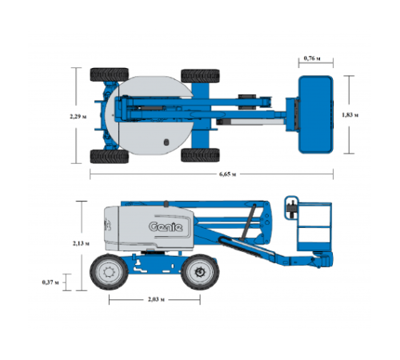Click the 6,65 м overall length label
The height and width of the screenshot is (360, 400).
227,174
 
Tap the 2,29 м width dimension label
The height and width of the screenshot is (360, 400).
78,117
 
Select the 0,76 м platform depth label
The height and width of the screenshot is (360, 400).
312,58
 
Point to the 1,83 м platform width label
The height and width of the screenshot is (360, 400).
350,115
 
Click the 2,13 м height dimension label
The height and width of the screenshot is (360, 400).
81,243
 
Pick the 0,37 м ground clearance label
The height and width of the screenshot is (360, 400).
50,282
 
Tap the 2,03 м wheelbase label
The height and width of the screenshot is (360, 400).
156,299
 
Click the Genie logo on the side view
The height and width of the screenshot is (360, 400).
166,226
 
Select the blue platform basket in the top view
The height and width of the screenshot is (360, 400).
316,114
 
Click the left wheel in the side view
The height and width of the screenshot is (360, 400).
109,272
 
